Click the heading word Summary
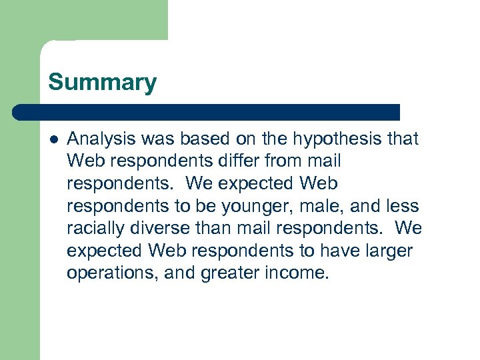pos(102,83)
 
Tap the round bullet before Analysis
pos(53,139)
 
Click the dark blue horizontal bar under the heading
pos(207,112)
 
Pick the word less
pos(402,206)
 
